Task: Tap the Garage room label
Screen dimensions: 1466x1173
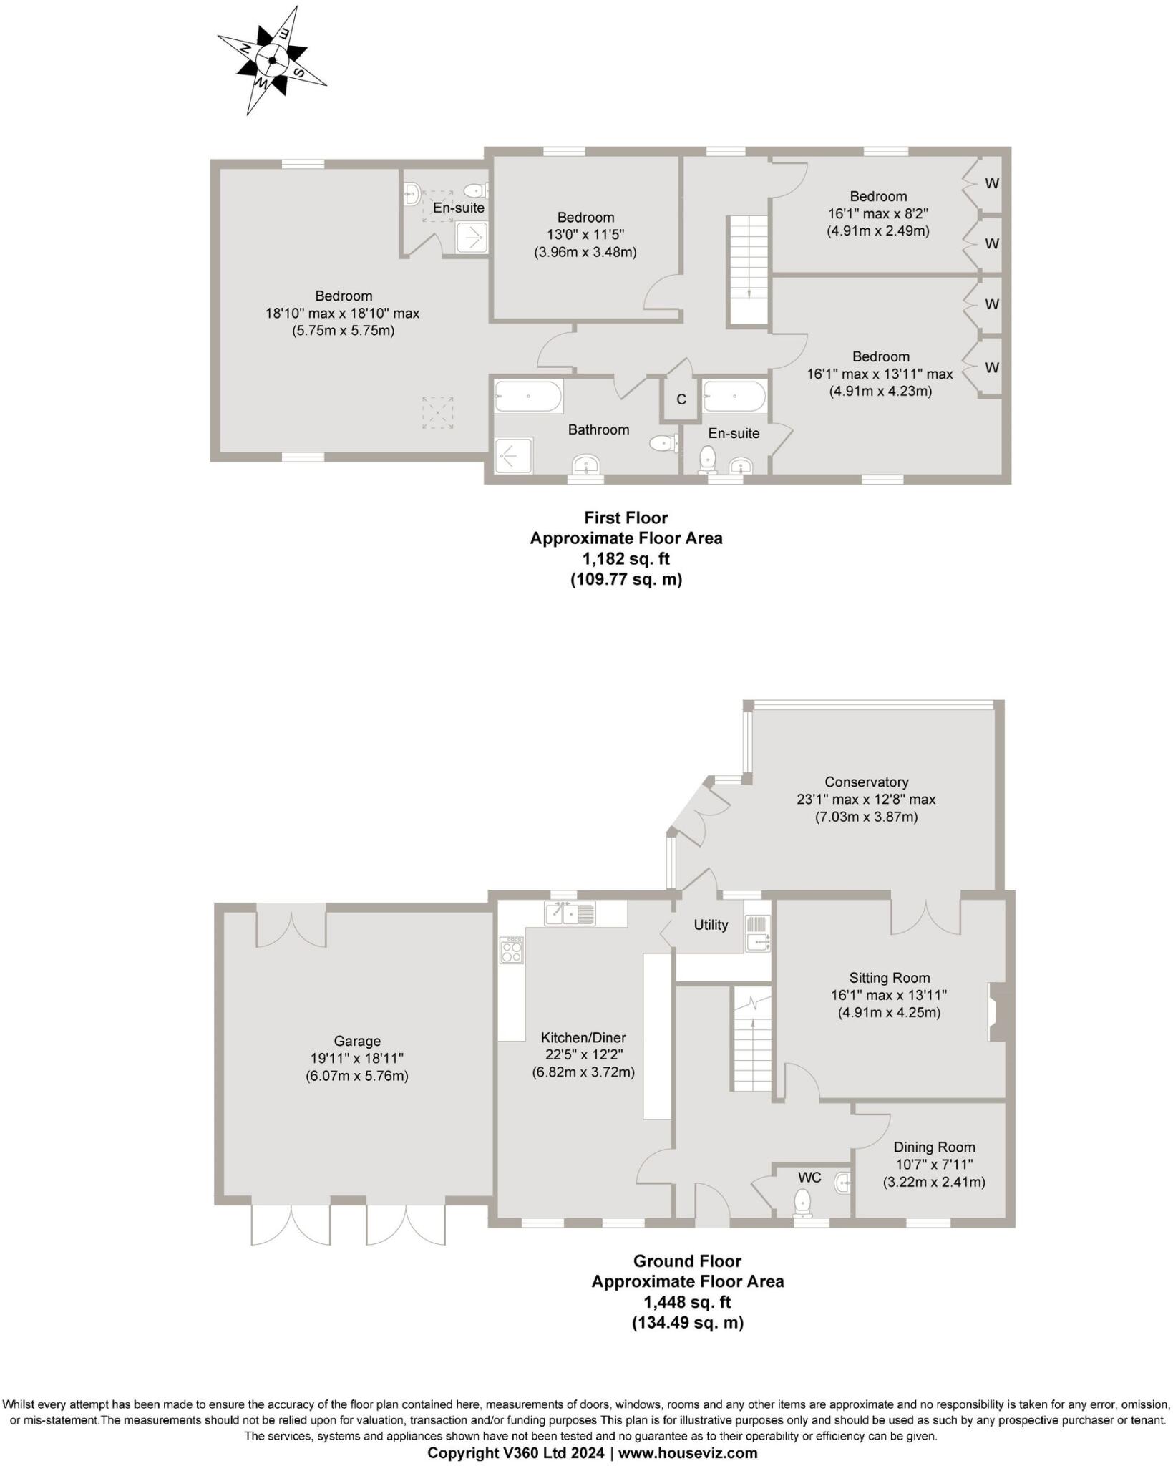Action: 357,1041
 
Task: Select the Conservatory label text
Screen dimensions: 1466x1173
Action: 866,782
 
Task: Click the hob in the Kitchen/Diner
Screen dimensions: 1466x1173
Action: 511,950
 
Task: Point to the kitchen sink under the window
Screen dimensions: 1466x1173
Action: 570,913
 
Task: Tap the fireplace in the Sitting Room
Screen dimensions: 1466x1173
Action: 996,1012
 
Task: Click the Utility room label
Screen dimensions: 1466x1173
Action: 711,925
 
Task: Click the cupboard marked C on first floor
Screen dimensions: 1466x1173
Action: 681,399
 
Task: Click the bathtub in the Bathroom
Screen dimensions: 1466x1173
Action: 528,396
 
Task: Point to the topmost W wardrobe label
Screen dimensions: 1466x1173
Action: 991,183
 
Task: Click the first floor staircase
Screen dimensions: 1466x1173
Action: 749,271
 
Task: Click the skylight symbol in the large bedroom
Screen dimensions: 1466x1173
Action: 437,412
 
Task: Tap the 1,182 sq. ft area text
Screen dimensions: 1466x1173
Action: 626,558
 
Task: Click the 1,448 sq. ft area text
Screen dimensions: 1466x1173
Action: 686,1302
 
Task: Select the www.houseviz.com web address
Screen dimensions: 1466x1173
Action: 688,1452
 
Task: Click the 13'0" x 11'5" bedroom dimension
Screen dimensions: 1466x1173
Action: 585,235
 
